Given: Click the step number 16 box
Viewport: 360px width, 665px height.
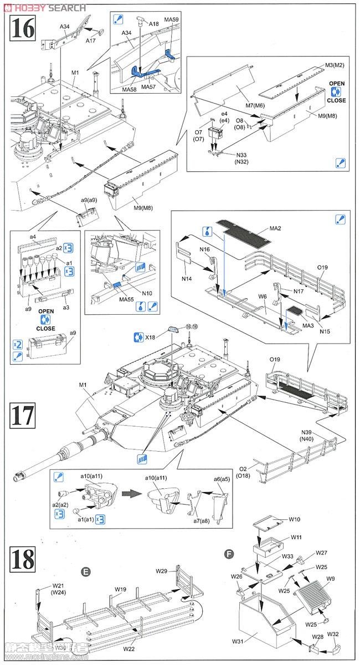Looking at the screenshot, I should coord(23,27).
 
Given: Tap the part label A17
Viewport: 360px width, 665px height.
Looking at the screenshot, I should coord(91,41).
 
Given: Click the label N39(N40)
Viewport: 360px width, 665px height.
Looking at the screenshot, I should coord(310,436).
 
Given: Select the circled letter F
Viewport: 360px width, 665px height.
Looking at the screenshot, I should coord(228,554).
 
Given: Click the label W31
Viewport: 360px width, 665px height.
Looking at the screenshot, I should coord(239,643).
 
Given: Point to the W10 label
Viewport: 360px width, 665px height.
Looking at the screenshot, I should coord(295,519).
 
